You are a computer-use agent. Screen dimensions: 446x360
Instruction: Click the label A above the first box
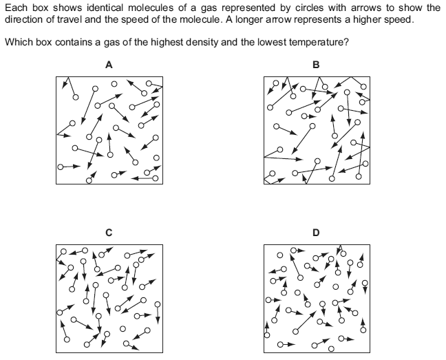(109, 65)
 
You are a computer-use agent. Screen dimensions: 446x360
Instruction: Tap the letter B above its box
(316, 65)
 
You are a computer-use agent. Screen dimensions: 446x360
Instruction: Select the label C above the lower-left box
(109, 233)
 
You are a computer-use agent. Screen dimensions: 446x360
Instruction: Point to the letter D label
(316, 233)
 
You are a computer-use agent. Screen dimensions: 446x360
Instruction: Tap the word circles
(309, 8)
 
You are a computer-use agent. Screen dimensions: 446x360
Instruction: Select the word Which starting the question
(19, 43)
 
